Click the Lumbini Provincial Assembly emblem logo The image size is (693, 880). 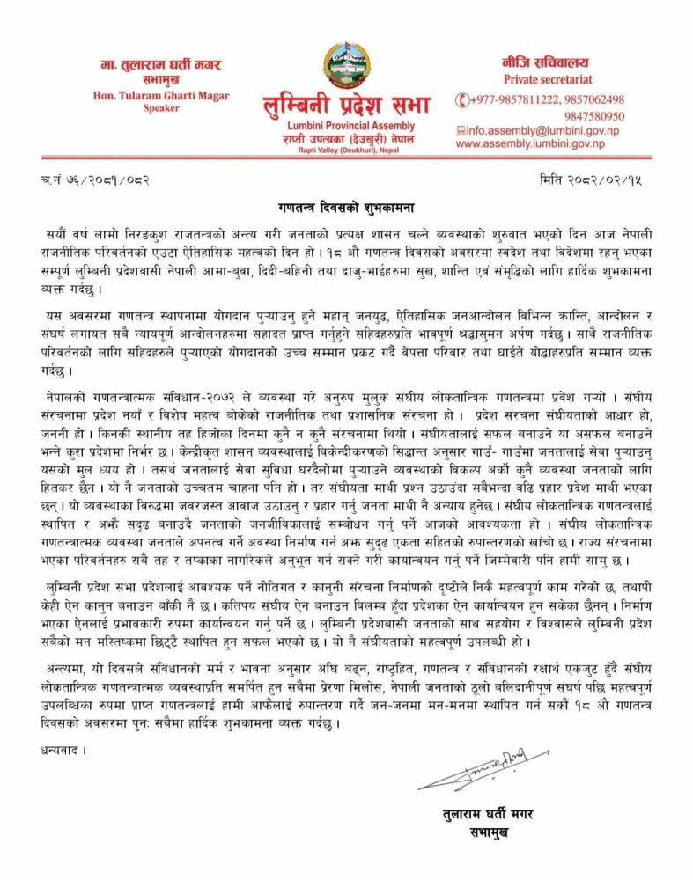tap(346, 63)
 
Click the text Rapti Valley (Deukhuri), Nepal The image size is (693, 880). tap(346, 150)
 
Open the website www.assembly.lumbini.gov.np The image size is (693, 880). tap(530, 143)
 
